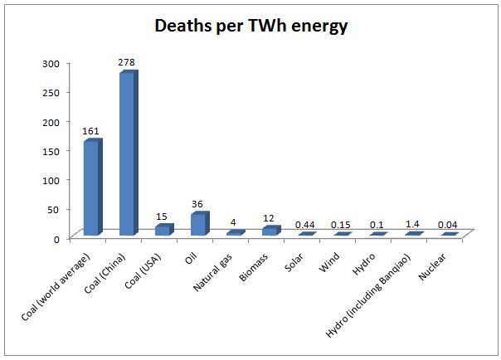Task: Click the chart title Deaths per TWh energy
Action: click(250, 26)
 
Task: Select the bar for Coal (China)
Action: click(128, 154)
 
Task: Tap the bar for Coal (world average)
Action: click(92, 187)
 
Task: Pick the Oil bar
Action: click(199, 224)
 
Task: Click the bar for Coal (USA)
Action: click(163, 230)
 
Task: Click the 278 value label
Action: click(129, 63)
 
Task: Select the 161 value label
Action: click(92, 131)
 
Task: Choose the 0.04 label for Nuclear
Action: click(450, 225)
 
